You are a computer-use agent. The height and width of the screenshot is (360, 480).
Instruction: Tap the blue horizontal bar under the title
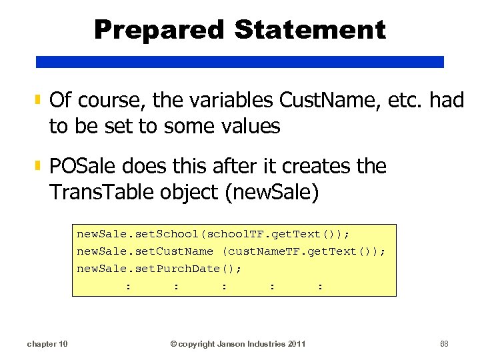click(239, 62)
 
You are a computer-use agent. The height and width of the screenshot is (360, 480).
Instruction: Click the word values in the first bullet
click(246, 125)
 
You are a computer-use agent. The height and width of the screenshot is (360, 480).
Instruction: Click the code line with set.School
click(213, 234)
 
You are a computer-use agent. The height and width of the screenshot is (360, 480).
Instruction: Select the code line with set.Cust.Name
click(231, 251)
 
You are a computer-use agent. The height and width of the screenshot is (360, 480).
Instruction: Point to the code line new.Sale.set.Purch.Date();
click(159, 269)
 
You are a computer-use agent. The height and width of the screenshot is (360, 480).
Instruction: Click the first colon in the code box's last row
click(128, 286)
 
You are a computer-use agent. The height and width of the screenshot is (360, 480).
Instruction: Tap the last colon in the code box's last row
click(321, 286)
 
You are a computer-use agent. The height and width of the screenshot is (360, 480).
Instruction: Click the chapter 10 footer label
click(47, 344)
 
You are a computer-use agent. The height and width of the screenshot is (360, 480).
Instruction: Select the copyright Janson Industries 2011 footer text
click(238, 344)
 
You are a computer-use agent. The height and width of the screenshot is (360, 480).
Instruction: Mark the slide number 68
click(445, 344)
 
